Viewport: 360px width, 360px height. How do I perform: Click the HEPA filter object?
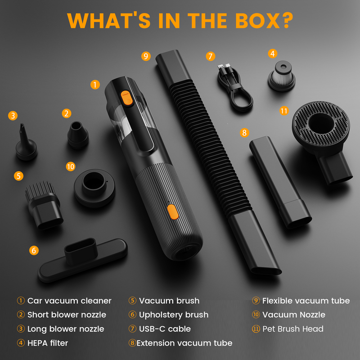coord(282,76)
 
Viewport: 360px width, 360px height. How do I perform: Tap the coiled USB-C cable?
coord(234,88)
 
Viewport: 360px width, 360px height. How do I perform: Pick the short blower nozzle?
coord(77,135)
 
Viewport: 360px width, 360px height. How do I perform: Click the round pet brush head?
coord(321,138)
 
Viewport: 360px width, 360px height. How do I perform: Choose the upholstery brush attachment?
coord(83,260)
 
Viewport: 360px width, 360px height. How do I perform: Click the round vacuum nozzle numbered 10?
coord(94,188)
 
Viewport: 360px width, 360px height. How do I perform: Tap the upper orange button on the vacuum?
coord(127,98)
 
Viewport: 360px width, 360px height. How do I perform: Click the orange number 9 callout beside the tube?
coord(146,56)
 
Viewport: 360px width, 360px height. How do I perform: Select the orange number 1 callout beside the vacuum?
coord(95,85)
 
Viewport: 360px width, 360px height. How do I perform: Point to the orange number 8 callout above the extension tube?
coord(244,132)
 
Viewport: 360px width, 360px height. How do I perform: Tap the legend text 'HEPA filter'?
coord(48,343)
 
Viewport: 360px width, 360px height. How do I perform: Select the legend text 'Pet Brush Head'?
coord(293,329)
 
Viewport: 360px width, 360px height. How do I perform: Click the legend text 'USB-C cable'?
coord(165,329)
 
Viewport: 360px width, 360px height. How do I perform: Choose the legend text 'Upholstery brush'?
coord(174,315)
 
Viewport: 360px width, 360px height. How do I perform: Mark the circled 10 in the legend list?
coord(256,315)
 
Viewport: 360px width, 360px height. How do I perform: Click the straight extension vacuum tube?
coord(280,182)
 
